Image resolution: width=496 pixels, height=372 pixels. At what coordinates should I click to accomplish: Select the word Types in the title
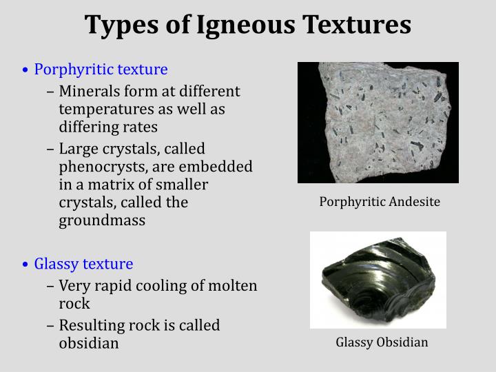coord(115,25)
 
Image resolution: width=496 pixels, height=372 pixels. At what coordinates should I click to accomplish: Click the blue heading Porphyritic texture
coord(101,70)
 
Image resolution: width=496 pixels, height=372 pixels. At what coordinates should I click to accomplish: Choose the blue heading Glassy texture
coord(83,264)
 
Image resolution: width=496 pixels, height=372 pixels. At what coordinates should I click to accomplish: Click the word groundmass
coord(102,221)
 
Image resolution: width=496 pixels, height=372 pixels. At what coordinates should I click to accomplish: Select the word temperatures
coord(103,109)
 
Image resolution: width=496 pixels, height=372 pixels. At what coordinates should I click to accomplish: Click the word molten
coord(234,286)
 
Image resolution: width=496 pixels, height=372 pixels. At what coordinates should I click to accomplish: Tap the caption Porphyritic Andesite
coord(380,202)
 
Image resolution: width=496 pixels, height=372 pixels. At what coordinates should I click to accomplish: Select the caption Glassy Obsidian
coord(382,342)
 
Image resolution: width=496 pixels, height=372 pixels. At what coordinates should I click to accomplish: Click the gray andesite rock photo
coord(378,123)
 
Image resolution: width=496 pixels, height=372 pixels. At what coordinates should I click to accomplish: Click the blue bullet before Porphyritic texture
coord(25,70)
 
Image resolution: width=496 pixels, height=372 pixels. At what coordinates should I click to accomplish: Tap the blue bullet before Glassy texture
coord(25,265)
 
